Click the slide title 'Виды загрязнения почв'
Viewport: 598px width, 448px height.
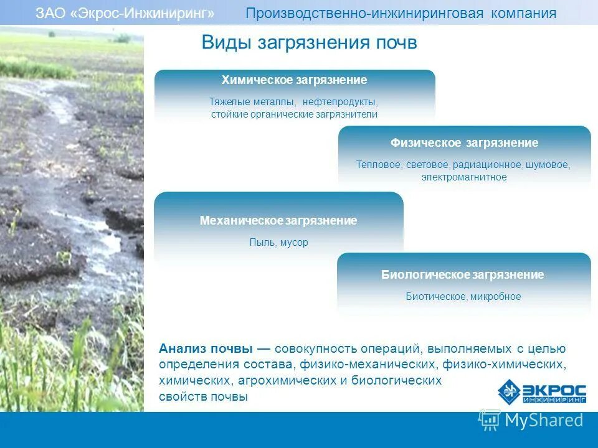click(x=309, y=43)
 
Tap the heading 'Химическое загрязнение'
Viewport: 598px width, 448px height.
click(x=294, y=80)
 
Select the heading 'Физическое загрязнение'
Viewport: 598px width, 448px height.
click(x=464, y=143)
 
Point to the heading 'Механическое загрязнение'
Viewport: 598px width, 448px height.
click(x=278, y=221)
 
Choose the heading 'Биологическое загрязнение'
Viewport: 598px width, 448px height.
click(x=463, y=275)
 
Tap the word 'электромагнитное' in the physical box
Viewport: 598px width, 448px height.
click(x=464, y=177)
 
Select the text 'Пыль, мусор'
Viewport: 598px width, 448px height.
click(x=278, y=243)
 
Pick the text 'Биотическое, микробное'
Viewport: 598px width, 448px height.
click(x=463, y=297)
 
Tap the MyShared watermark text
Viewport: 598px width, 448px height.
click(x=543, y=421)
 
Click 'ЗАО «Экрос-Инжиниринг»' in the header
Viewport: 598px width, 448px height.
click(x=125, y=14)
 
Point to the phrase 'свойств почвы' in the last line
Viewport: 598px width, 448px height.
click(x=203, y=396)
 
